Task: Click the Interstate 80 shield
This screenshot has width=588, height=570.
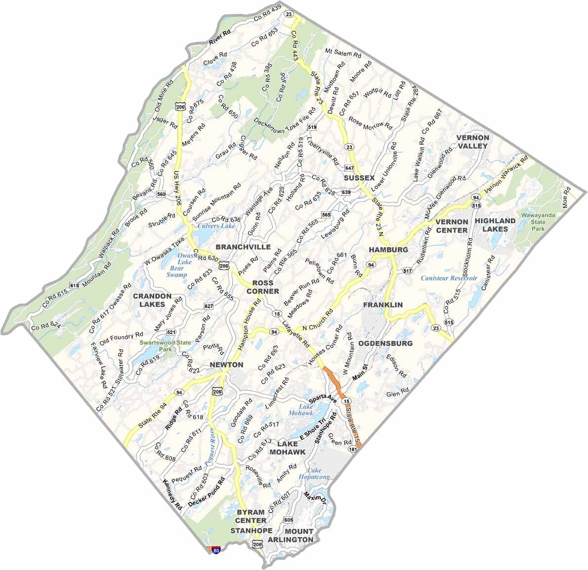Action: (216, 549)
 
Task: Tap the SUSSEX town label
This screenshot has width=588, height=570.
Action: (359, 177)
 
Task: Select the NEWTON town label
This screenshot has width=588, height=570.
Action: (226, 365)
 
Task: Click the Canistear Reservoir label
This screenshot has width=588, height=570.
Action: (449, 278)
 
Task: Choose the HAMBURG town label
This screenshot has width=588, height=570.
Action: (388, 249)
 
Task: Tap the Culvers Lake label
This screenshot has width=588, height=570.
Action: (216, 226)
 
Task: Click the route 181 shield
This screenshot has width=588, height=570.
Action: (353, 449)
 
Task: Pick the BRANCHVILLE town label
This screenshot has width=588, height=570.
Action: (243, 246)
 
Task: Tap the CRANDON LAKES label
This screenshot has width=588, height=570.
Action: (152, 300)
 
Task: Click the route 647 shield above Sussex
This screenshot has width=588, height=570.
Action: (350, 168)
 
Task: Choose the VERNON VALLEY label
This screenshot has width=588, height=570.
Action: (472, 141)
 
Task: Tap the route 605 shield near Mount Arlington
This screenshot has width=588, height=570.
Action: (289, 520)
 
